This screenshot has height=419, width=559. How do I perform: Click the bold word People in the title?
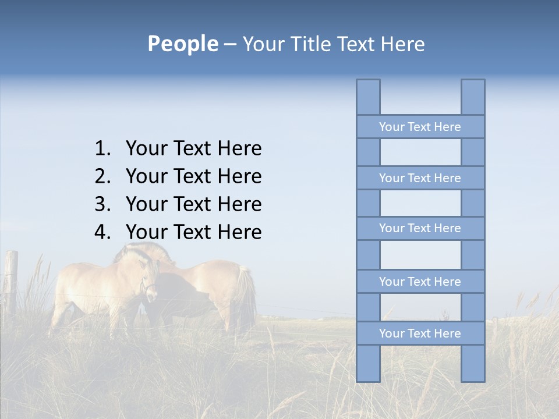pos(182,44)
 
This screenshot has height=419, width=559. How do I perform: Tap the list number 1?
pos(102,149)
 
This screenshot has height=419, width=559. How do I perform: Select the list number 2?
pos(102,176)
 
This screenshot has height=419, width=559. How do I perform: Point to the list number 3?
pos(102,204)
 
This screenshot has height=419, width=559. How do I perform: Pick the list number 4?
pos(102,232)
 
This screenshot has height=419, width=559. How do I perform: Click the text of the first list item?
pos(193,149)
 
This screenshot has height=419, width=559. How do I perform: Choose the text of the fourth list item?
pos(193,232)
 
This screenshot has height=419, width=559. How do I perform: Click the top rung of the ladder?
pos(420,127)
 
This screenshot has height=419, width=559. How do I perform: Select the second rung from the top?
pos(420,178)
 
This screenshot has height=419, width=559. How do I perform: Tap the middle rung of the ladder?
pos(420,228)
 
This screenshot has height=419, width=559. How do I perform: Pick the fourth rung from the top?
pos(420,282)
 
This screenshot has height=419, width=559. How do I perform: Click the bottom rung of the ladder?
pos(420,333)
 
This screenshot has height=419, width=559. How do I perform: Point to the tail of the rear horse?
pos(248,297)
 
